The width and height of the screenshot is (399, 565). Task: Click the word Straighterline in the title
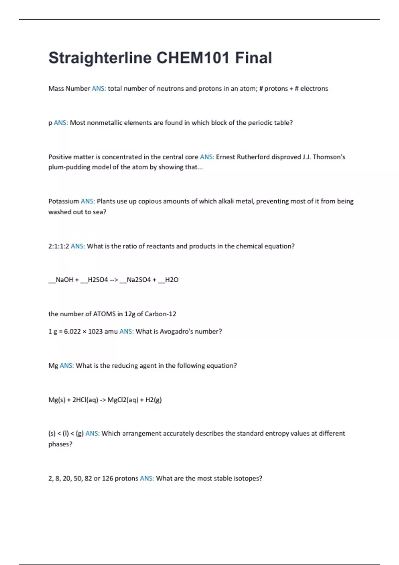(x=100, y=58)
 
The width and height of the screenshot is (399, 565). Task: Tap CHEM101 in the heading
(x=193, y=58)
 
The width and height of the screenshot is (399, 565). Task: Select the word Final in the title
(x=253, y=58)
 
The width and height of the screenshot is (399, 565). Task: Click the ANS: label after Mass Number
(x=99, y=89)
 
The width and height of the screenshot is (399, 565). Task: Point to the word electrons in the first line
(x=314, y=89)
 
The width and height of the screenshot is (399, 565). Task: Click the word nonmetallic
(x=104, y=123)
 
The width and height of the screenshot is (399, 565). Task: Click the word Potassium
(x=64, y=201)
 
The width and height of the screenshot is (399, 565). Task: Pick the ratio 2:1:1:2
(x=59, y=246)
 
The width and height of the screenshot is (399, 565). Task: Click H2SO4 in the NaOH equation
(x=98, y=280)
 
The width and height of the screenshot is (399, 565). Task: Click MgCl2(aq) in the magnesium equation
(x=123, y=400)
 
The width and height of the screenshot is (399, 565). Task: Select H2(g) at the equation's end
(x=154, y=400)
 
